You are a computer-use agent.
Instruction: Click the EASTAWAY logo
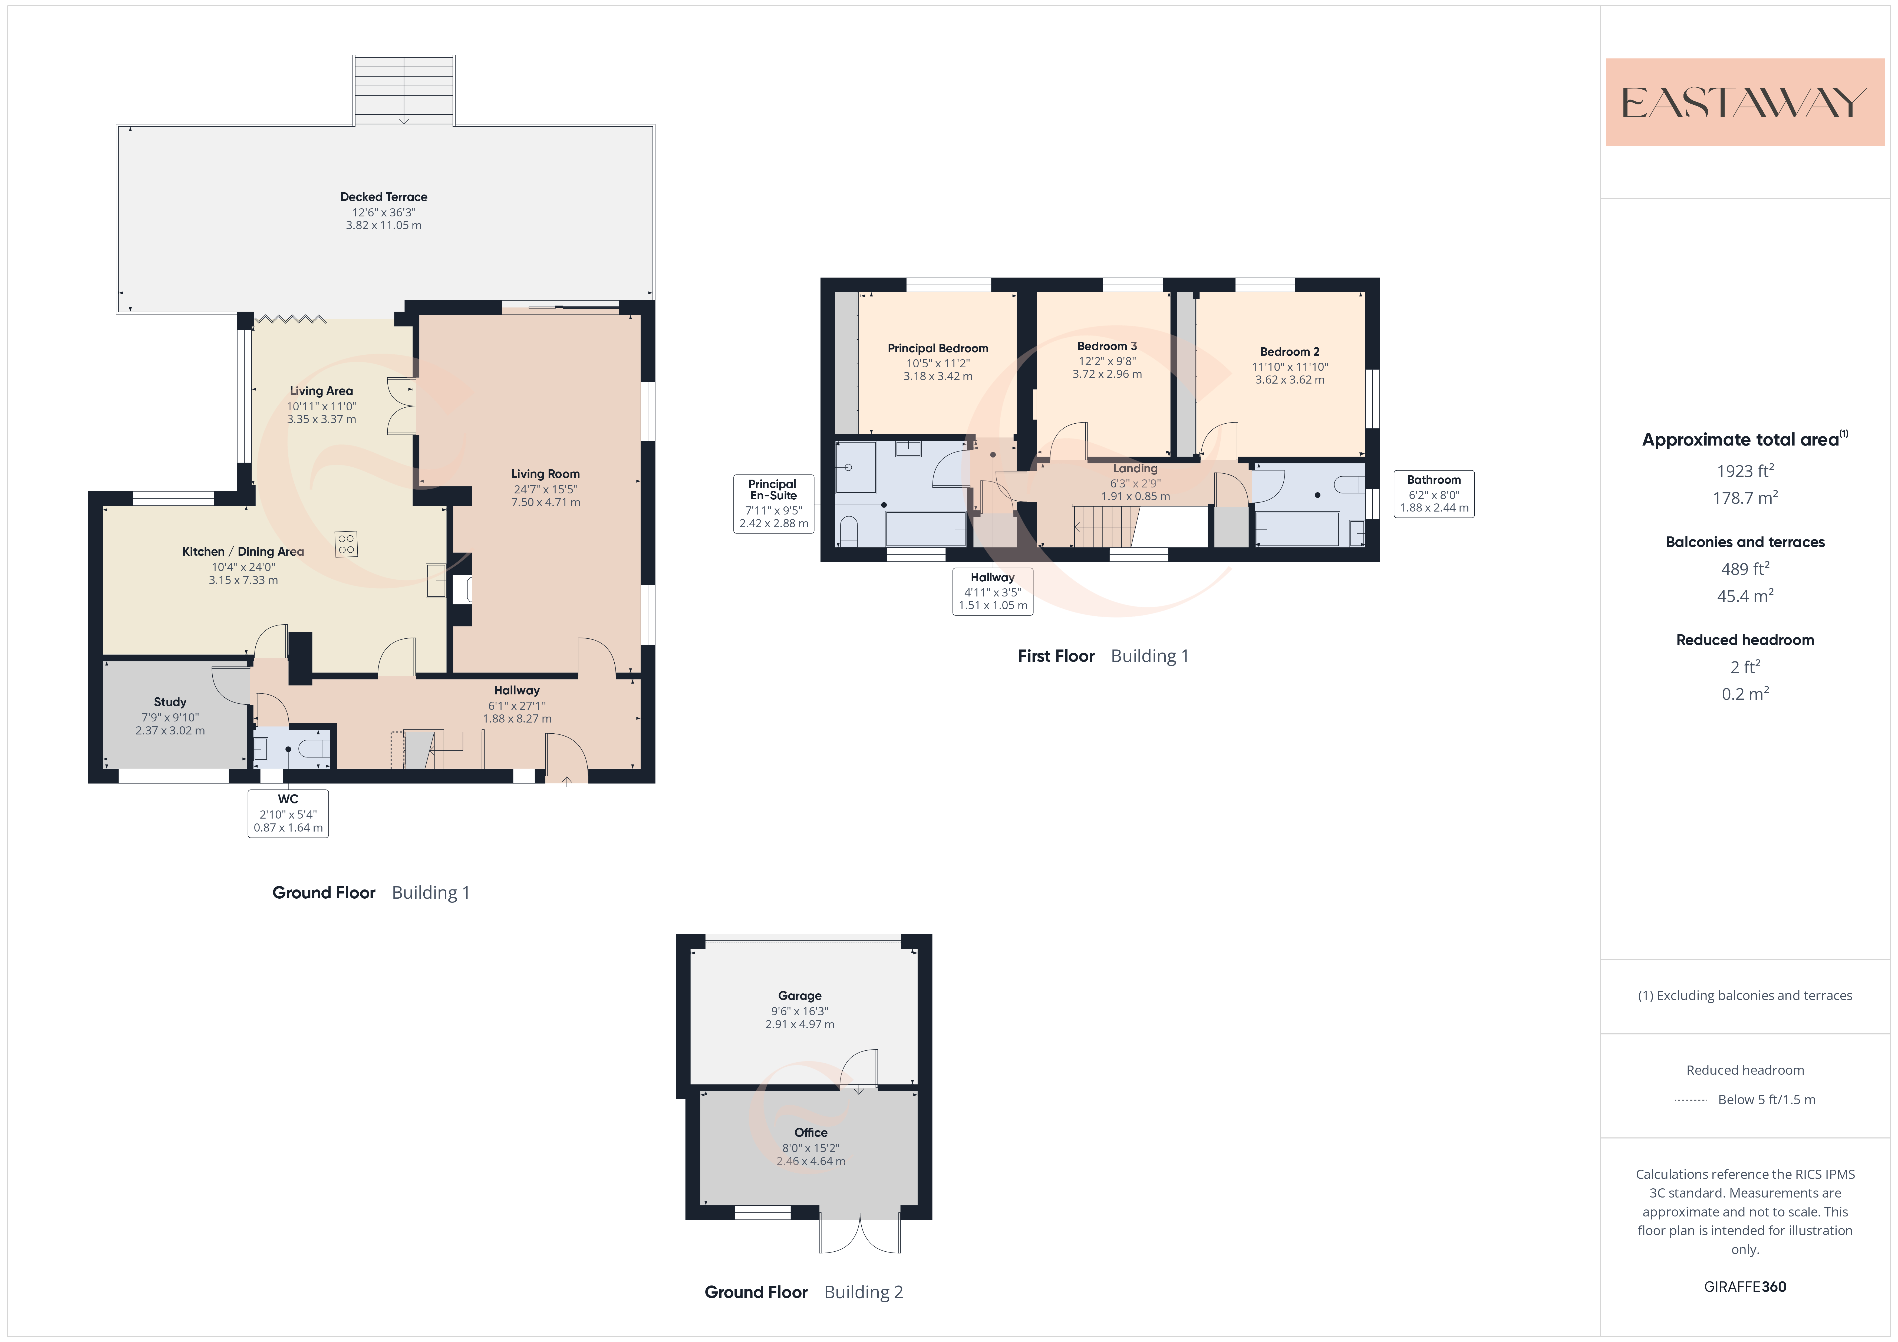(1744, 103)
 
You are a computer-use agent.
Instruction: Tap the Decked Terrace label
(384, 197)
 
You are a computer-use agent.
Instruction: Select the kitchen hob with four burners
(346, 544)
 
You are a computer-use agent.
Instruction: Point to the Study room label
(170, 702)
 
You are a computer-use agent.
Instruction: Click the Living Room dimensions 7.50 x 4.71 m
(546, 502)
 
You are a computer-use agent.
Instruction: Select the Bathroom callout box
(1434, 494)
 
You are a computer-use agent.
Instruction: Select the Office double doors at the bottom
(860, 1234)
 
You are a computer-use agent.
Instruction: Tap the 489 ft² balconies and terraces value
(1745, 569)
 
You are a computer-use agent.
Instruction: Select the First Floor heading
(1056, 656)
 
